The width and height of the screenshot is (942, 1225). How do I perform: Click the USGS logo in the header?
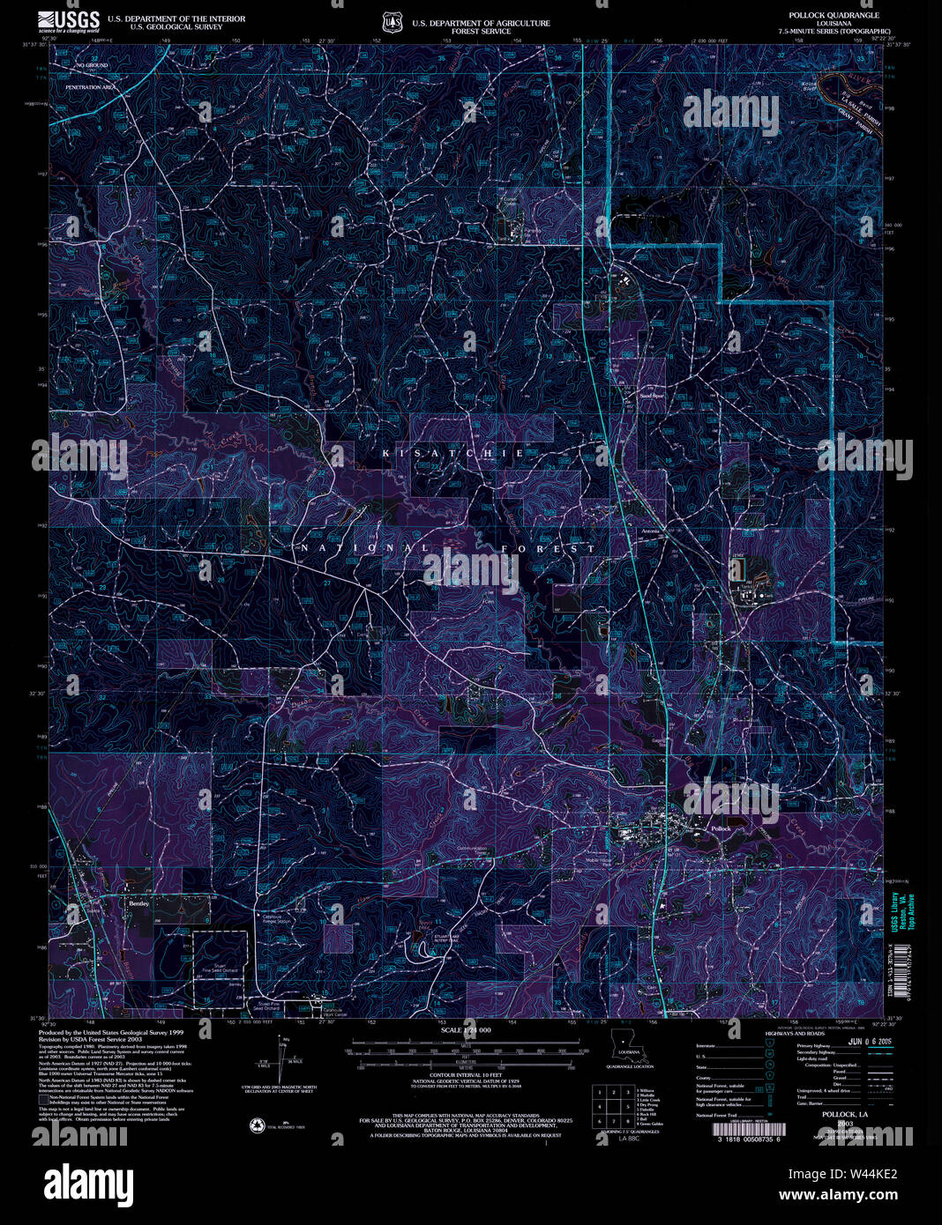click(x=68, y=21)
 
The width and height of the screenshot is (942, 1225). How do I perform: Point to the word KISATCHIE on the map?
click(x=453, y=453)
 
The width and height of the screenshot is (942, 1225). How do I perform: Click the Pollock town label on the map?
click(x=721, y=830)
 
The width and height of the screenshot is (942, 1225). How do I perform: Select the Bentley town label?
click(x=139, y=903)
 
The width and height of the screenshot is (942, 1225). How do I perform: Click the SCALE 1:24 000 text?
click(x=465, y=1029)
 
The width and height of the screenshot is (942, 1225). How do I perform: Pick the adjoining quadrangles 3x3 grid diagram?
click(x=611, y=1104)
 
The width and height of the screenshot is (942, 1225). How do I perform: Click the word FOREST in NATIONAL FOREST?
click(x=548, y=548)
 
